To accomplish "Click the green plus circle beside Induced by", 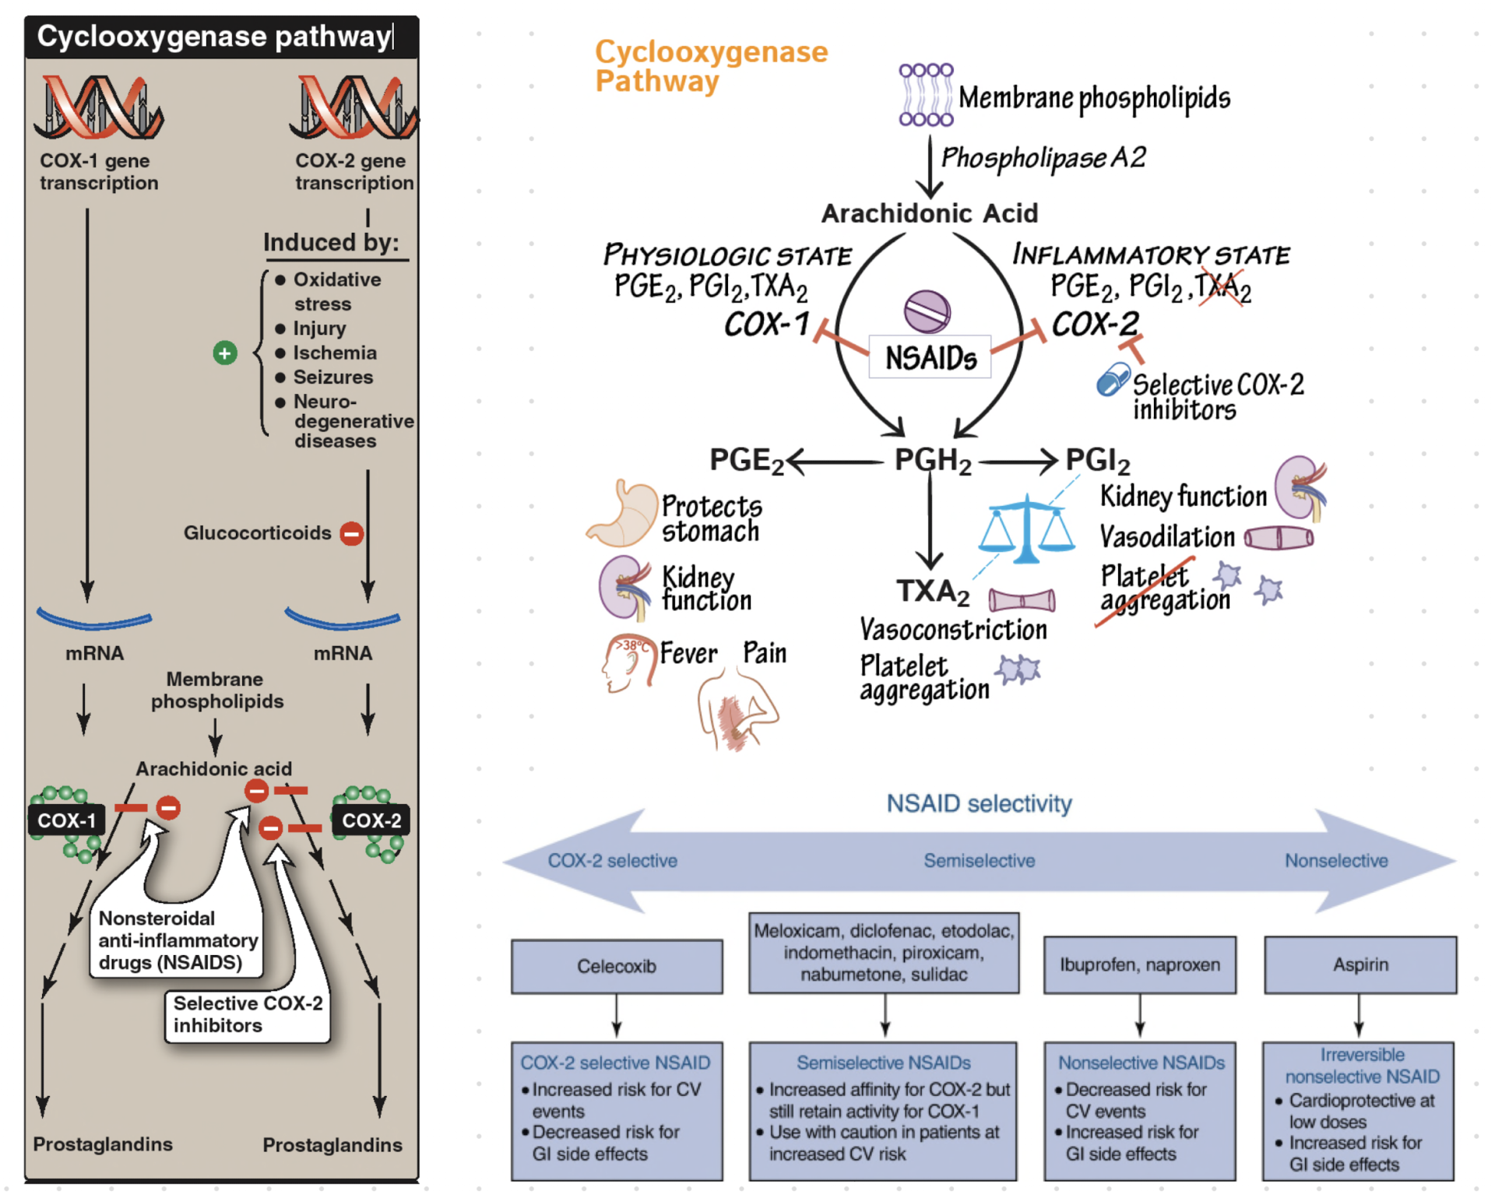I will [225, 353].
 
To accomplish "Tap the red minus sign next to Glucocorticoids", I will [352, 533].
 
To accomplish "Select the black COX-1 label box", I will [66, 820].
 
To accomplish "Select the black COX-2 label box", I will [371, 820].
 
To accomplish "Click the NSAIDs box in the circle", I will [930, 357].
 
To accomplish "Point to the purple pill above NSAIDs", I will [927, 311].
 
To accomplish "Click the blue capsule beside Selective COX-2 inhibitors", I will [1113, 380].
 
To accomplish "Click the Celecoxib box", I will [617, 966].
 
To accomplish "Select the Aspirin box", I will [1360, 964].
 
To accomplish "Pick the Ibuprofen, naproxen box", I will [1140, 964].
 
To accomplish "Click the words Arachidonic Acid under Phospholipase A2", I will [930, 213].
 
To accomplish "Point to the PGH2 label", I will [932, 461].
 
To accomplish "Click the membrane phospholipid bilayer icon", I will [926, 95].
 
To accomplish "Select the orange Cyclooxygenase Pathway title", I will [710, 66].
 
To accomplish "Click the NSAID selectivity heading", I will [979, 803].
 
